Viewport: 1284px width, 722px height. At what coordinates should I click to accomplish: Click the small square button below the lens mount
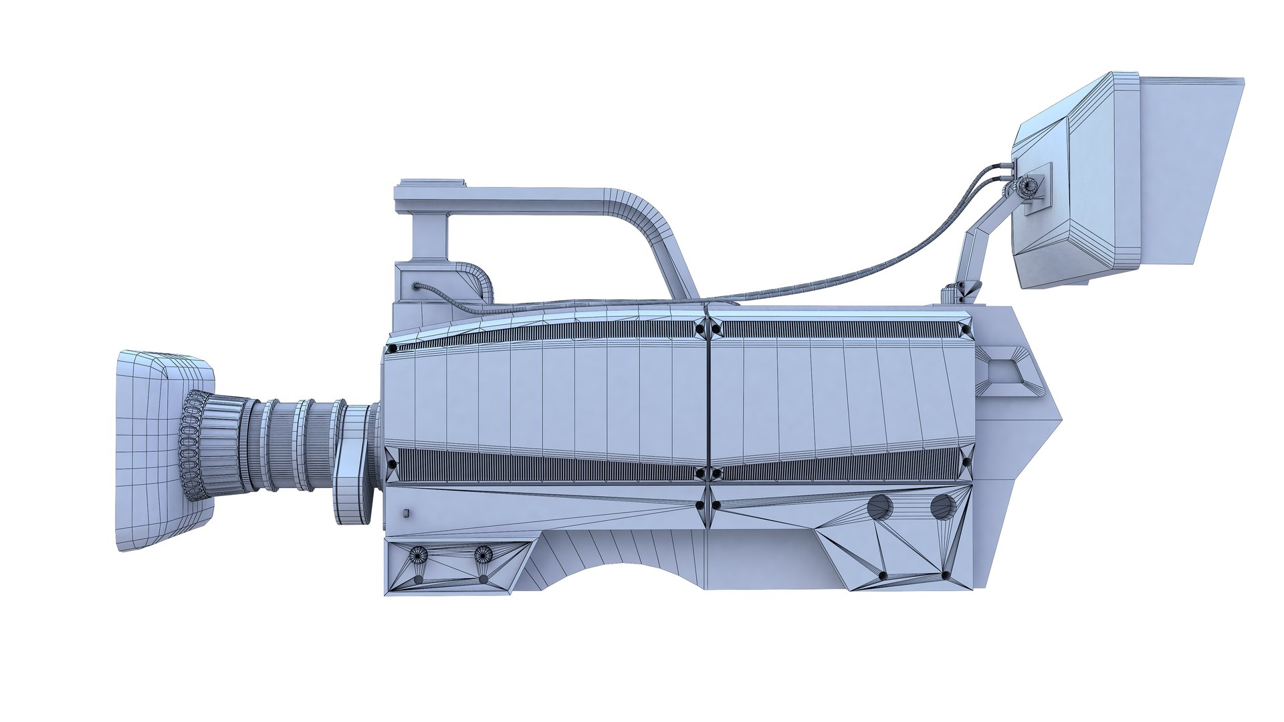point(406,513)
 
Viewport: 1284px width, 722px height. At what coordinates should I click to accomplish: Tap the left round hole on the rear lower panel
point(880,507)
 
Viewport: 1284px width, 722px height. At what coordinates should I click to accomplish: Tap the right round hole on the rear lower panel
point(943,506)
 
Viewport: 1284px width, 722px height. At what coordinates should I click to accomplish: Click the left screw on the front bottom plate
point(419,553)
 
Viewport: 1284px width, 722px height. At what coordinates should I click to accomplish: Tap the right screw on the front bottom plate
point(483,553)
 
